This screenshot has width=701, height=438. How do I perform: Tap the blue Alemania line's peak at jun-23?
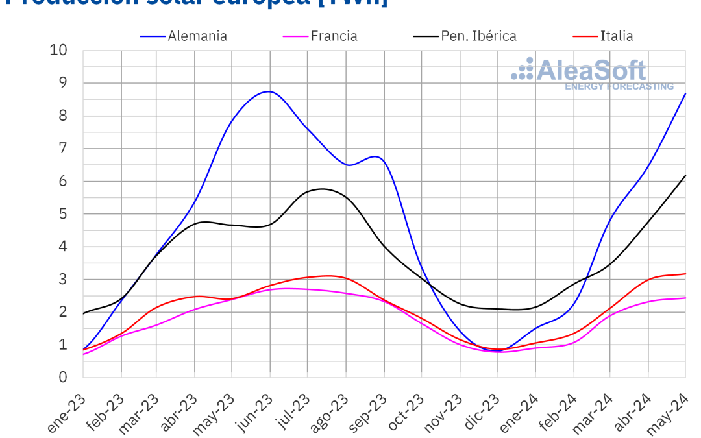pos(269,91)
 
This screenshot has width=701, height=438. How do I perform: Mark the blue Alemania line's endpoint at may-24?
pos(685,93)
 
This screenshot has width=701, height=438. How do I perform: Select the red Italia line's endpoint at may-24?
pos(685,274)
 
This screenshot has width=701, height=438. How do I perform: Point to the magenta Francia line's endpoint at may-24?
pos(685,298)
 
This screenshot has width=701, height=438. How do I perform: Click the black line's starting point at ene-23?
pos(84,313)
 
